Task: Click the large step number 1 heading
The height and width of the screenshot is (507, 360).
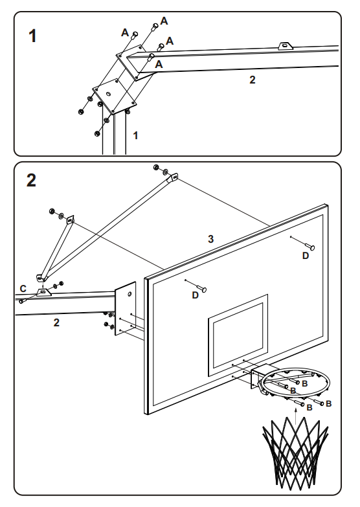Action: pyautogui.click(x=32, y=36)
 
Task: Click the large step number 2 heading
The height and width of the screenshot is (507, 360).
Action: pyautogui.click(x=31, y=180)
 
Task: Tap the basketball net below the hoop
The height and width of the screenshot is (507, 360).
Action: pyautogui.click(x=295, y=453)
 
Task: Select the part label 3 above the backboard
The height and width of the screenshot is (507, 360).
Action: pyautogui.click(x=211, y=239)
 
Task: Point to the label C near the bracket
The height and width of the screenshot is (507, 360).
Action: pyautogui.click(x=23, y=288)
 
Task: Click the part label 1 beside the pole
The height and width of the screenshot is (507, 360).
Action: pyautogui.click(x=136, y=135)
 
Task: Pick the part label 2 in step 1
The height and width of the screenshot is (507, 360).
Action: pyautogui.click(x=253, y=80)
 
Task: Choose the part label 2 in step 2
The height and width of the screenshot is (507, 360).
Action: pyautogui.click(x=56, y=322)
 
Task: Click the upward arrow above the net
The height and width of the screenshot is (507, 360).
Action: pyautogui.click(x=296, y=416)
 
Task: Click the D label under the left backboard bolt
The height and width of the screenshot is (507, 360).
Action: pyautogui.click(x=196, y=295)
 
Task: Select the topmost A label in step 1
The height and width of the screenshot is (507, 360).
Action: pyautogui.click(x=164, y=21)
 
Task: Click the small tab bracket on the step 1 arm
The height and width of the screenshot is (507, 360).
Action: pyautogui.click(x=285, y=46)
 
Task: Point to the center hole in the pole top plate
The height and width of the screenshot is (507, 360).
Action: pyautogui.click(x=109, y=94)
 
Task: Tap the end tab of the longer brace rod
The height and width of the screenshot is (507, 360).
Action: pyautogui.click(x=174, y=177)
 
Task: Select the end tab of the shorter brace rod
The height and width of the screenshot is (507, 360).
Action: pyautogui.click(x=70, y=220)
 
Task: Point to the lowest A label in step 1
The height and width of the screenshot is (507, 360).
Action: pyautogui.click(x=159, y=64)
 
